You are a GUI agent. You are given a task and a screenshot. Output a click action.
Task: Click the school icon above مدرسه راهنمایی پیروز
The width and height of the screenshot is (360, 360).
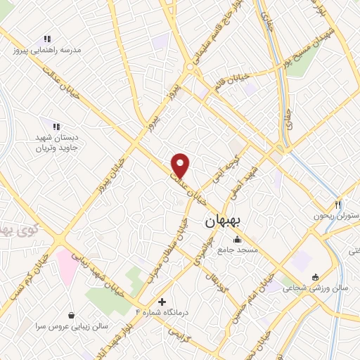coord(47,39)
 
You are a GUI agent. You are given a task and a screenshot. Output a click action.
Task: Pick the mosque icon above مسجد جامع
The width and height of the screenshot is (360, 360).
coord(237,239)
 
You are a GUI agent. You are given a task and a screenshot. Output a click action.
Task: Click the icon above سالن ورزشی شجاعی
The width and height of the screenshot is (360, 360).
coord(315,276)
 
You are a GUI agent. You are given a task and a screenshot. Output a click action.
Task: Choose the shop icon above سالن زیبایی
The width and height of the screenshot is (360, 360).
coord(71,316)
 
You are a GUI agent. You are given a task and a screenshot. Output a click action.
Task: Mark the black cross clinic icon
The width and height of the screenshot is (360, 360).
coord(162,302)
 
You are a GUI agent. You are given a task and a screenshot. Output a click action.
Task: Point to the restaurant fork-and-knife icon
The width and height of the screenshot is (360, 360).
coord(338,204)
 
